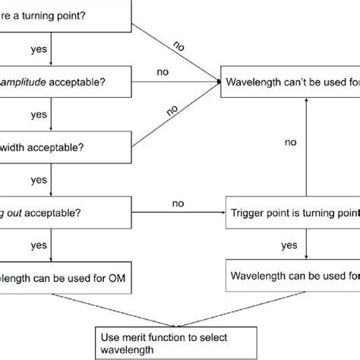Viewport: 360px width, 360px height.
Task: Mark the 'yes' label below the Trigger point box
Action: tap(289, 247)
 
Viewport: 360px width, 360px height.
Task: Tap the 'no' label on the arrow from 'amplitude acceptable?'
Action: tap(162, 72)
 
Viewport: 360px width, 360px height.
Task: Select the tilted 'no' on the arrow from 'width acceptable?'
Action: tap(173, 109)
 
